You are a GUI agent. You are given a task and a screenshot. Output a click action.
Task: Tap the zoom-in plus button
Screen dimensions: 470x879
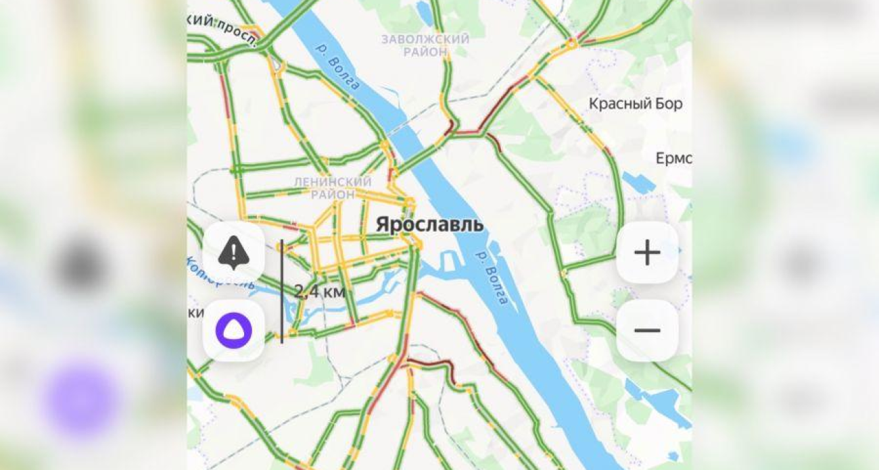coord(647,253)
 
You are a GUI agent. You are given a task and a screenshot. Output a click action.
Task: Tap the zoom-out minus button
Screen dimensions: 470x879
coord(647,330)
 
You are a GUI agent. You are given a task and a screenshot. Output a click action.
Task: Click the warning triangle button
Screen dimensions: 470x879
coord(234,253)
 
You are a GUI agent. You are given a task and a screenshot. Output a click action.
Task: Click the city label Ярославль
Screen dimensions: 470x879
coord(429,224)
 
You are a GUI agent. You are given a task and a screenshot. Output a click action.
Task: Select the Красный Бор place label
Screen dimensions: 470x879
coord(635,104)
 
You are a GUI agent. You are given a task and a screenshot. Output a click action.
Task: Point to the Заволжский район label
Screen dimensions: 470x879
coord(425,45)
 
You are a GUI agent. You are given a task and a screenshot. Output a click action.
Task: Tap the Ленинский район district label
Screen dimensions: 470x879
coord(332,188)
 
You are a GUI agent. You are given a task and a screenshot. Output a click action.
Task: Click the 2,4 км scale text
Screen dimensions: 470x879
coord(320,292)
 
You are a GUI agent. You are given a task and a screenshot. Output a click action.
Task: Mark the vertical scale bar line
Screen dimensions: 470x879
coord(282,291)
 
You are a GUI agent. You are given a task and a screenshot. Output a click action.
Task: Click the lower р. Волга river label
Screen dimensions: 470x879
coord(492,276)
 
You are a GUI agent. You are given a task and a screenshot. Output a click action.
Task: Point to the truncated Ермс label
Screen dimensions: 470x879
coord(673,159)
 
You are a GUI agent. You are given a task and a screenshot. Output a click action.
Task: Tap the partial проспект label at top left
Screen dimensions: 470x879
coord(223,25)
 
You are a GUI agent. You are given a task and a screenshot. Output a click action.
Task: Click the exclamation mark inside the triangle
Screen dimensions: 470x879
coord(234,253)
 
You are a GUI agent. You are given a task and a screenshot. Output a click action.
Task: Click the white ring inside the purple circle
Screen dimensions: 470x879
coord(234,330)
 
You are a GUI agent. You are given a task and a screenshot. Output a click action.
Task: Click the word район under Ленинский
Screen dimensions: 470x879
coord(332,194)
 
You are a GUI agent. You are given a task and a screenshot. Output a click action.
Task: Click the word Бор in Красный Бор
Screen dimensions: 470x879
coord(669,104)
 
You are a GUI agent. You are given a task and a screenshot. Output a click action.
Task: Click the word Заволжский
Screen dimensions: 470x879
coord(425,39)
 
